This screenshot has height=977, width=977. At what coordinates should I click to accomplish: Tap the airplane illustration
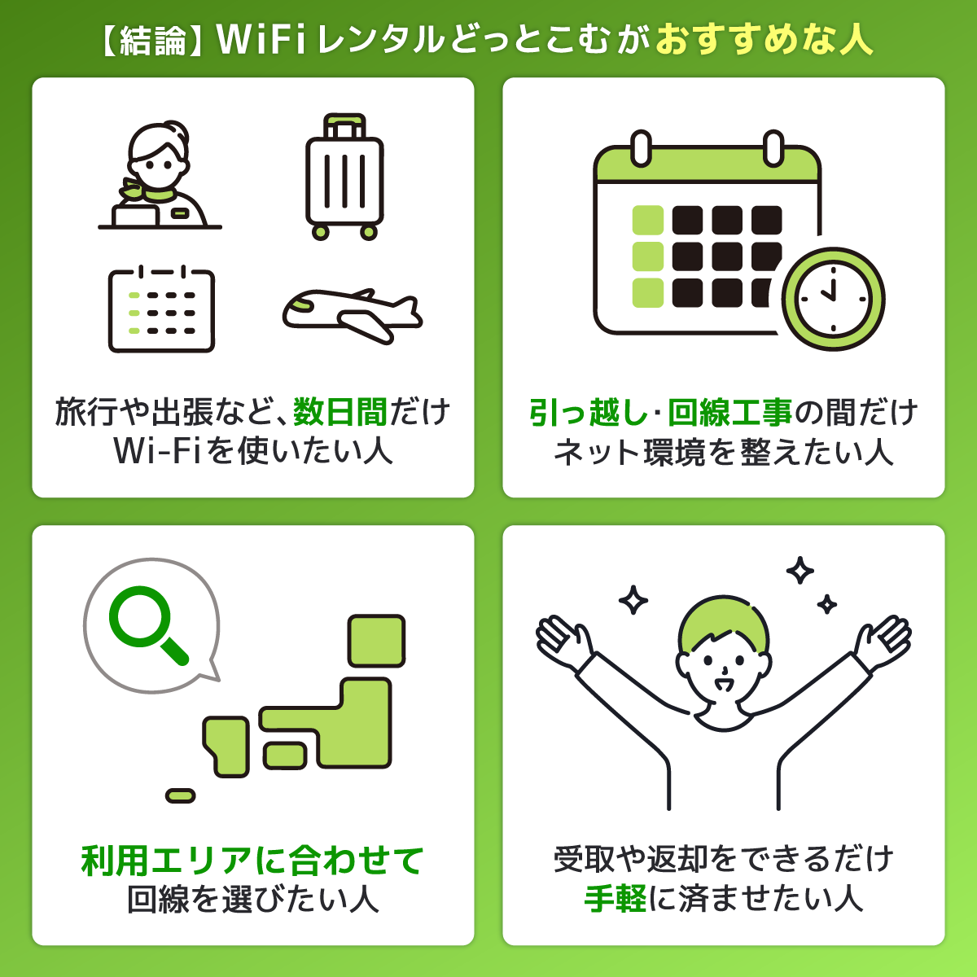[352, 314]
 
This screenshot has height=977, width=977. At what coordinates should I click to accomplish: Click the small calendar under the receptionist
[161, 309]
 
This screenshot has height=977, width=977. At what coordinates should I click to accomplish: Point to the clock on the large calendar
[832, 298]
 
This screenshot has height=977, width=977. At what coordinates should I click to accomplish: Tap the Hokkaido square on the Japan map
[376, 641]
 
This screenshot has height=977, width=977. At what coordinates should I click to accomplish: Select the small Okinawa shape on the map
[180, 795]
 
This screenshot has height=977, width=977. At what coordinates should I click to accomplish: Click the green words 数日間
[340, 412]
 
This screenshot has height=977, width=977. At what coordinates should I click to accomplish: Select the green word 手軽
[616, 899]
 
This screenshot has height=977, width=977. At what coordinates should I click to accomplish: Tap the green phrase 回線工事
[729, 412]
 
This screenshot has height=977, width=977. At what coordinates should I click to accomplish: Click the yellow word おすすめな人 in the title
[764, 39]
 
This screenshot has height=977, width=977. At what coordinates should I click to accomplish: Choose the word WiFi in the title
[262, 39]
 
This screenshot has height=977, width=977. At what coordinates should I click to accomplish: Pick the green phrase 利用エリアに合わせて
[252, 861]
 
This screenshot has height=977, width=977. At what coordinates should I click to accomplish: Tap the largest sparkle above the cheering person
[800, 571]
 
